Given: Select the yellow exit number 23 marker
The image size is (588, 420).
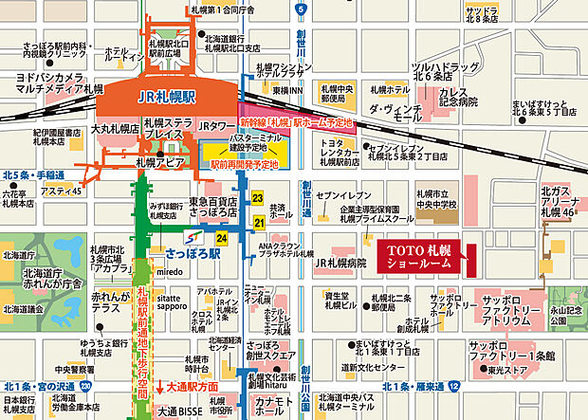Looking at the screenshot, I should pyautogui.click(x=257, y=198).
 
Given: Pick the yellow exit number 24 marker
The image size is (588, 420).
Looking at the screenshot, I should pyautogui.click(x=221, y=238).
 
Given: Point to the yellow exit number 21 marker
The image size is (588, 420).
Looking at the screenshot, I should pyautogui.click(x=258, y=223).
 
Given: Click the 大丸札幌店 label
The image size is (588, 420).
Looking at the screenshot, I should pyautogui.click(x=115, y=126).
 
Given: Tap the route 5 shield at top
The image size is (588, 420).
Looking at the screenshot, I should pyautogui.click(x=301, y=9).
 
